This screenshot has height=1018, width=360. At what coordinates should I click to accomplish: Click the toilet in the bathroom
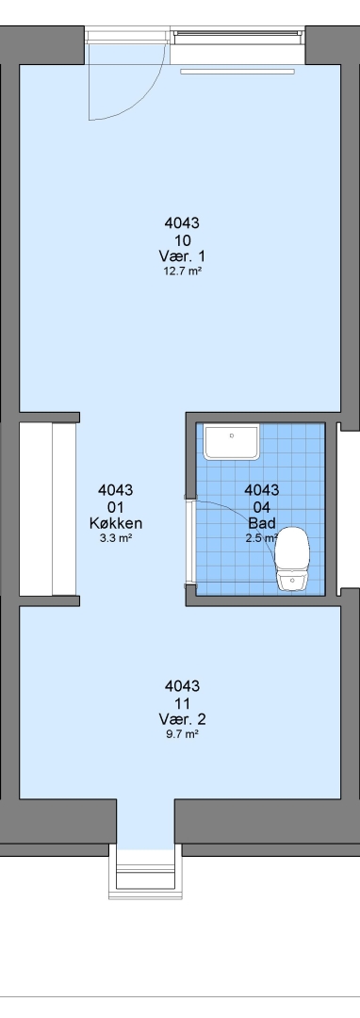(x=292, y=559)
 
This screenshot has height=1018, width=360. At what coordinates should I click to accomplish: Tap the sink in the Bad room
(x=232, y=441)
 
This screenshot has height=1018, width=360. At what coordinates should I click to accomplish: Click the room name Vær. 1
(x=182, y=255)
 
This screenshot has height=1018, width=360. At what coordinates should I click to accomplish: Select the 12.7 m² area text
(x=182, y=271)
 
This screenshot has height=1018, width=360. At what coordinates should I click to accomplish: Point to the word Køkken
(x=116, y=523)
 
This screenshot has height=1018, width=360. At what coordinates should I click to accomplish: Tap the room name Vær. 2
(x=182, y=718)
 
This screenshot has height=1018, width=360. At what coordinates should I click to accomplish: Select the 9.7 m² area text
(x=182, y=734)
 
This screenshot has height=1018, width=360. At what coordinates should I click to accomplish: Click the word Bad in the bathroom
(x=262, y=523)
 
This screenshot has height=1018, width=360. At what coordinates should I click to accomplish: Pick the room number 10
(x=182, y=240)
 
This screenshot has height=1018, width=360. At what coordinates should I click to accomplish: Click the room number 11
(x=182, y=703)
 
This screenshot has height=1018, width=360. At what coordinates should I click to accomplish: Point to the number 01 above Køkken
(x=116, y=507)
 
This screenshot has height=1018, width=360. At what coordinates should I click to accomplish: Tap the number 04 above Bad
(x=262, y=507)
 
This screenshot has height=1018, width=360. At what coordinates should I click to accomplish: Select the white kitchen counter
(x=48, y=510)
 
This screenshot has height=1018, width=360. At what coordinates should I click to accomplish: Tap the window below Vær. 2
(x=144, y=872)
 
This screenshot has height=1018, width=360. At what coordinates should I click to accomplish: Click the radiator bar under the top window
(x=237, y=72)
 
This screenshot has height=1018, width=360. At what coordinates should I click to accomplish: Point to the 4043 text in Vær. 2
(x=182, y=686)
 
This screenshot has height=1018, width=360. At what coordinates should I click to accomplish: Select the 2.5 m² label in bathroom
(x=262, y=538)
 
